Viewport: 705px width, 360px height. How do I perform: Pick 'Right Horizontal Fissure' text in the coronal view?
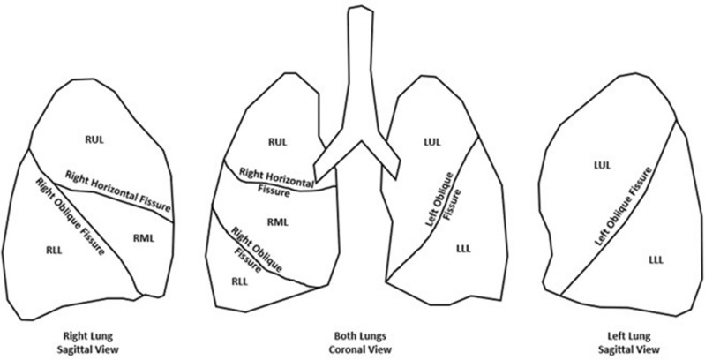click(x=274, y=179)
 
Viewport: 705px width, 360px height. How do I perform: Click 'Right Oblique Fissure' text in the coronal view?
click(x=251, y=249)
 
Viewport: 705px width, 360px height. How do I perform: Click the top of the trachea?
click(x=357, y=11)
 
